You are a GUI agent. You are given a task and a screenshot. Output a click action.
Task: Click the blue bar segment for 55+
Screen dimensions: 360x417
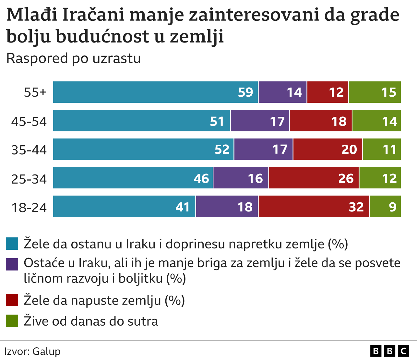point(156,92)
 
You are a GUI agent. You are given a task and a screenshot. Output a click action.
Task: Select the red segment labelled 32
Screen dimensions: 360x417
point(314,206)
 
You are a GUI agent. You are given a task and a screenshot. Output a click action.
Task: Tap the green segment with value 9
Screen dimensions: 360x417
point(385,206)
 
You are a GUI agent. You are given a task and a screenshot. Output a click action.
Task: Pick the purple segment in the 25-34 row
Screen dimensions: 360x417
point(241,178)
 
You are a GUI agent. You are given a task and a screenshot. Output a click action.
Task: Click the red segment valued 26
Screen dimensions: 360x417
point(314,178)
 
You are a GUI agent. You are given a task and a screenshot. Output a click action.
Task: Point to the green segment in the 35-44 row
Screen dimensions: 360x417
point(382,149)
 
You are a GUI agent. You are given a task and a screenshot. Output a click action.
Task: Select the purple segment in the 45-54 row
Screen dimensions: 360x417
point(260,121)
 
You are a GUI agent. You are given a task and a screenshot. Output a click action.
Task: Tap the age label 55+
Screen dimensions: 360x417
point(35,92)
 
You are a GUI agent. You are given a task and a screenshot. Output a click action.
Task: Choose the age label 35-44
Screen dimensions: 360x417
point(29,150)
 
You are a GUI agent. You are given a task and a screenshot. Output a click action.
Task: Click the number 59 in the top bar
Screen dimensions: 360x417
point(245,92)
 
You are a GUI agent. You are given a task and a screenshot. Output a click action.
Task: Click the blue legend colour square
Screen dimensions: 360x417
point(12,244)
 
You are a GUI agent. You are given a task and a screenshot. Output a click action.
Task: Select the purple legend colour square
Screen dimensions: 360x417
point(12,264)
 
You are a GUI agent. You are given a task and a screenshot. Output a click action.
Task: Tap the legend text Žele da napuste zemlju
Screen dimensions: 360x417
point(104,300)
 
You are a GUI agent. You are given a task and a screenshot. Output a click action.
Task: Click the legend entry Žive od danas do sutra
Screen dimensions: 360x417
point(91,321)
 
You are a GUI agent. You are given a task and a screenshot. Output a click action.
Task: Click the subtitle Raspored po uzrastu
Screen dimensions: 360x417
point(74,58)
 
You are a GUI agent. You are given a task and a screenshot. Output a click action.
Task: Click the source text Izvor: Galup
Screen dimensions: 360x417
point(32,351)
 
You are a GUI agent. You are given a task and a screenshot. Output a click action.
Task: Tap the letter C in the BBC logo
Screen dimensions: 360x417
point(403,351)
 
